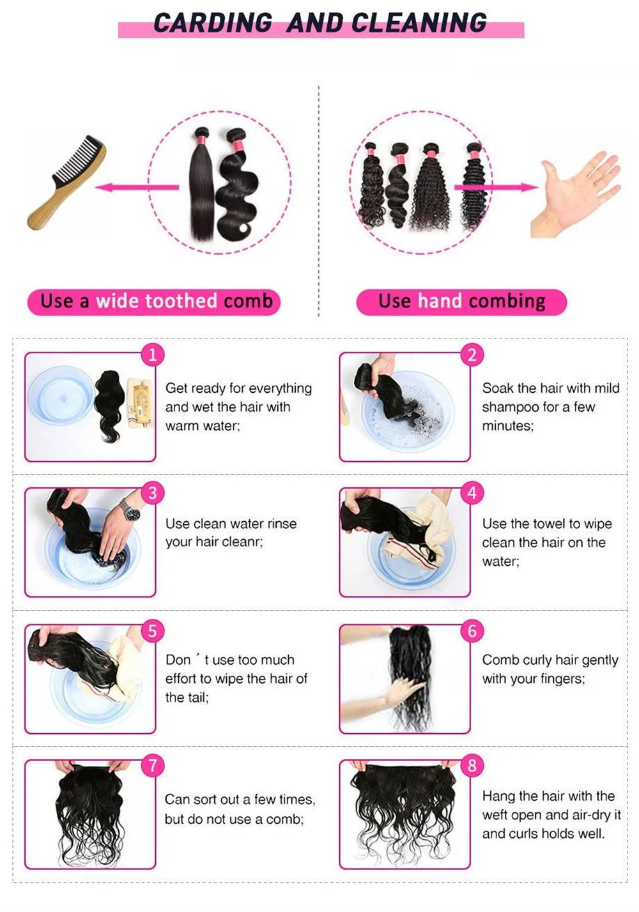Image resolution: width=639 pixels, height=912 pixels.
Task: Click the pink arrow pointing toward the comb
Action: pos(137,187)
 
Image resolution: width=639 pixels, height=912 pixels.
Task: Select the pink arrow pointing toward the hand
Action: pos(496,187)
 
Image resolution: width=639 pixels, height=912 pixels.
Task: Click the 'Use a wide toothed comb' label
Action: pos(154,302)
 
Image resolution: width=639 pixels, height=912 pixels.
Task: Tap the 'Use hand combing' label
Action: pos(461,302)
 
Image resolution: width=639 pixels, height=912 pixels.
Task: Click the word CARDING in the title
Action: pos(213,22)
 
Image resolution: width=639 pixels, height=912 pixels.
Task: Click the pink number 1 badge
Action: pos(153,355)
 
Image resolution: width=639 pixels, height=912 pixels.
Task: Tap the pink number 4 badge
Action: pos(472,493)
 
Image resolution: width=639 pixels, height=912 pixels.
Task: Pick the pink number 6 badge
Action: pos(472,630)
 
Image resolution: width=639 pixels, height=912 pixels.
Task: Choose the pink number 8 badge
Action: pos(472,765)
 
